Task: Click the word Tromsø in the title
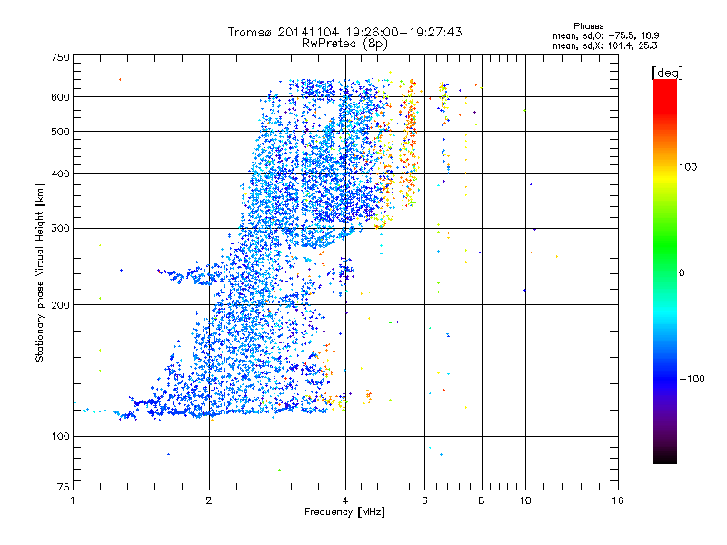pos(249,32)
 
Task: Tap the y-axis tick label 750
pos(60,57)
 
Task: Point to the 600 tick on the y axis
pos(60,97)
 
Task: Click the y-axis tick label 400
pos(60,174)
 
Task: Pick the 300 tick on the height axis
pos(60,228)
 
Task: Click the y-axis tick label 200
pos(60,305)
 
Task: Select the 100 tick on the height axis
pos(60,437)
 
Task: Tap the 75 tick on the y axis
pos(63,488)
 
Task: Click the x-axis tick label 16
pos(617,500)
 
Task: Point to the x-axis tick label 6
pos(425,500)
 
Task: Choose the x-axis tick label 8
pos(482,500)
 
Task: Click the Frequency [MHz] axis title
pos(344,513)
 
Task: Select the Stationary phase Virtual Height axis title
pos(39,272)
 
